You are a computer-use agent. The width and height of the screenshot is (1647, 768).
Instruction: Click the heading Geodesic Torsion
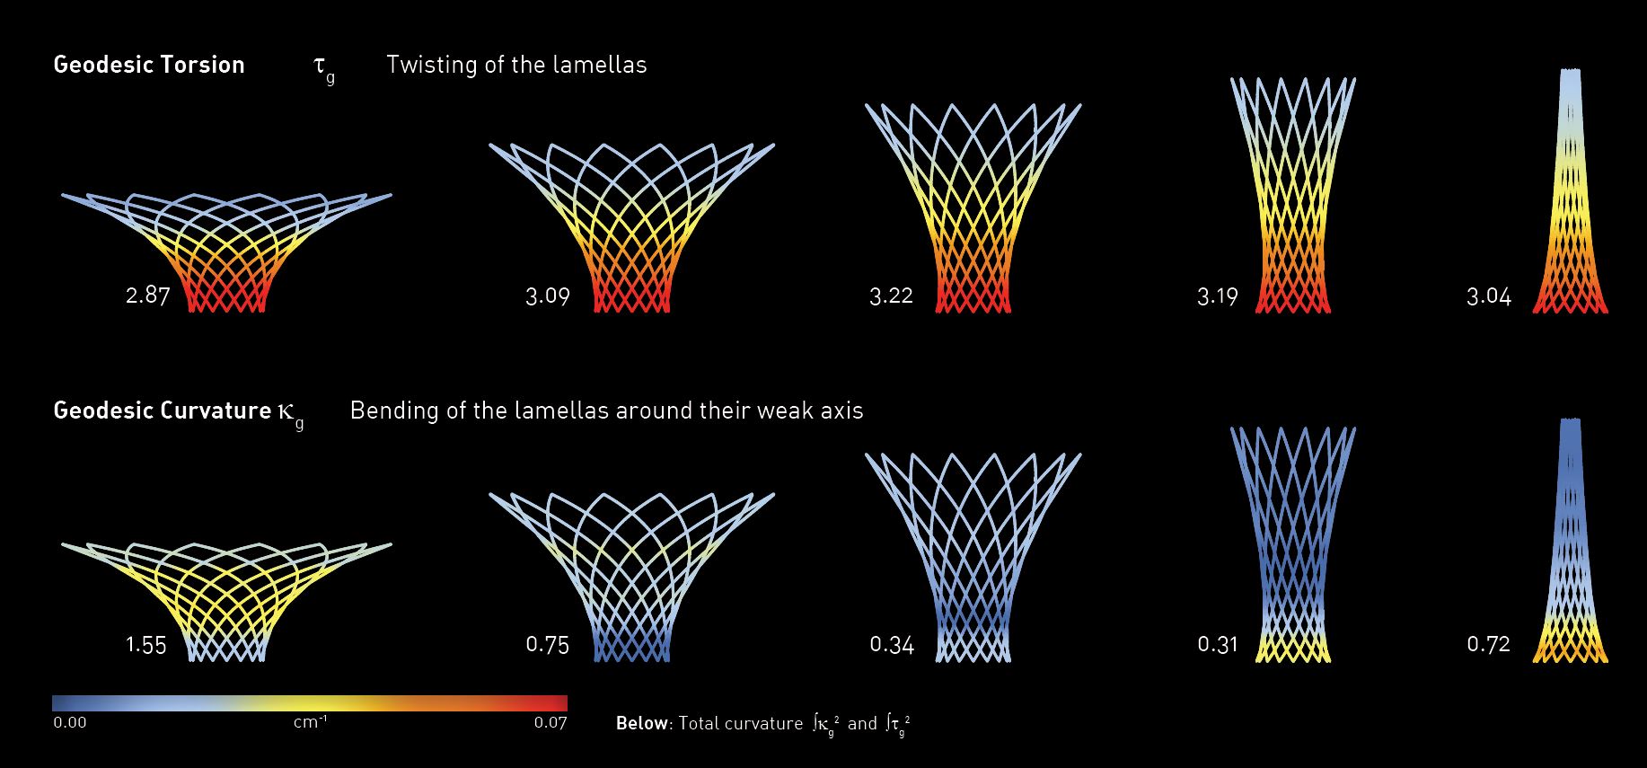click(149, 65)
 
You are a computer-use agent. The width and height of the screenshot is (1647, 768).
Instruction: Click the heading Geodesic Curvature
click(163, 410)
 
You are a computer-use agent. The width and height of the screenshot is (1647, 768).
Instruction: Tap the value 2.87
click(147, 296)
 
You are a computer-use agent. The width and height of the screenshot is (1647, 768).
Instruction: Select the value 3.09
click(548, 296)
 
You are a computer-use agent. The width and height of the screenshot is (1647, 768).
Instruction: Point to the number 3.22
click(891, 296)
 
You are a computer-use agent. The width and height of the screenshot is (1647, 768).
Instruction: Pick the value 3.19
click(1217, 296)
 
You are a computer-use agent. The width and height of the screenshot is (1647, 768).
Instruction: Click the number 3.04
click(1488, 296)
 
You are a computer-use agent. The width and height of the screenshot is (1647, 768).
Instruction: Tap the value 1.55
click(146, 645)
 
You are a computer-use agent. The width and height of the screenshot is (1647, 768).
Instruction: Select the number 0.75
click(548, 645)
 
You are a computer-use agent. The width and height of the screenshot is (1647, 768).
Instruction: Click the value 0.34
click(892, 645)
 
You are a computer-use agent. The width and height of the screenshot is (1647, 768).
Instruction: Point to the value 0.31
click(1217, 644)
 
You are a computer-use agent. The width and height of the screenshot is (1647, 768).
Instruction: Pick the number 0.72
click(1488, 644)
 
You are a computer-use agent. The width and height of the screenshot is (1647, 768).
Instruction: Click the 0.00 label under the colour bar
click(70, 722)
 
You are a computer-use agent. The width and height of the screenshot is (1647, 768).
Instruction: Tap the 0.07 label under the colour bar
click(550, 722)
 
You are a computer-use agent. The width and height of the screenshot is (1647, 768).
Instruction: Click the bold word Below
click(642, 723)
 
